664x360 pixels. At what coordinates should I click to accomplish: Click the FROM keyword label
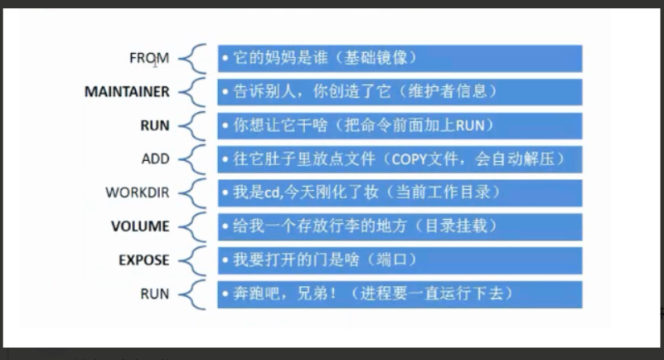pyautogui.click(x=149, y=58)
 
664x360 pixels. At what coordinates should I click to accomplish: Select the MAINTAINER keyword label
pyautogui.click(x=127, y=92)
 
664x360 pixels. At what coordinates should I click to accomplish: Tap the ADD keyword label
pyautogui.click(x=155, y=158)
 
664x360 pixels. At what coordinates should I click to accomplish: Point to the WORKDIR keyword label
pyautogui.click(x=137, y=192)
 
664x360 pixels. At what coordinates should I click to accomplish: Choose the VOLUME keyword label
pyautogui.click(x=140, y=226)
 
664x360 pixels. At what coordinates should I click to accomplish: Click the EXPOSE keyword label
pyautogui.click(x=143, y=260)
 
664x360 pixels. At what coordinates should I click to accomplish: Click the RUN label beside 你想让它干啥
pyautogui.click(x=155, y=125)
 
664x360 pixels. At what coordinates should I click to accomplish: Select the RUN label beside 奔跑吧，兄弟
pyautogui.click(x=155, y=294)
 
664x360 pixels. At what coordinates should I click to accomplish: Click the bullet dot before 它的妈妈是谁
pyautogui.click(x=225, y=59)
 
